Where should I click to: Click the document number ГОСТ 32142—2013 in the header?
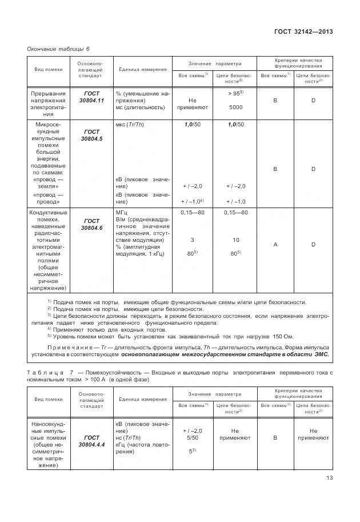303,32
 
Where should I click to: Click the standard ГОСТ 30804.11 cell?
91,97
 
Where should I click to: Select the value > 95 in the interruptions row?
234,93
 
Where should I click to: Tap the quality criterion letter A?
275,244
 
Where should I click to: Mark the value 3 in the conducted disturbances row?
192,240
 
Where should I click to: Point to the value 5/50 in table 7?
192,437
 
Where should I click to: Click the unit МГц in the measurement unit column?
122,212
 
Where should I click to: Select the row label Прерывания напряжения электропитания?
48,103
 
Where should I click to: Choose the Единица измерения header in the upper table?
143,69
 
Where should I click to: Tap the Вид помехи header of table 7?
48,399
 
